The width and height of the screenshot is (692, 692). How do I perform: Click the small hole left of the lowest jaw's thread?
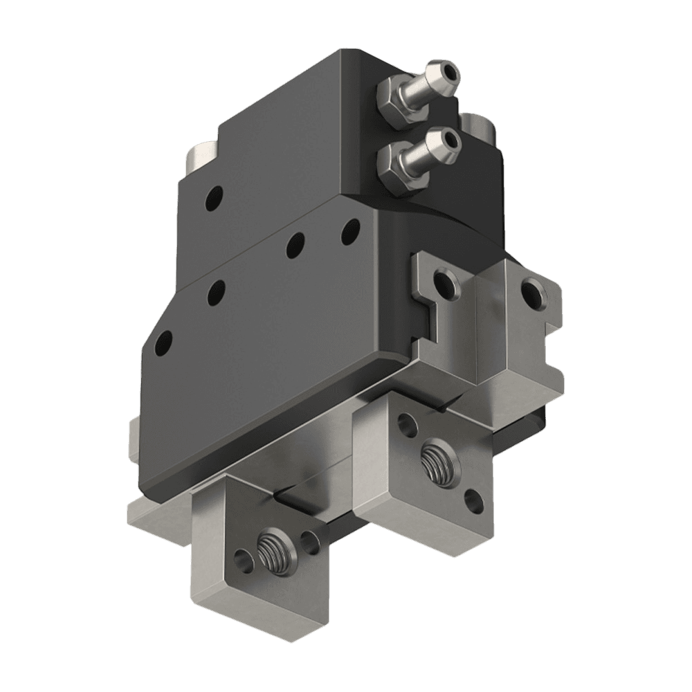pos(242,557)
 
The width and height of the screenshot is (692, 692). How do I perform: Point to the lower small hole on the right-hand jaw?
pos(474,501)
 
